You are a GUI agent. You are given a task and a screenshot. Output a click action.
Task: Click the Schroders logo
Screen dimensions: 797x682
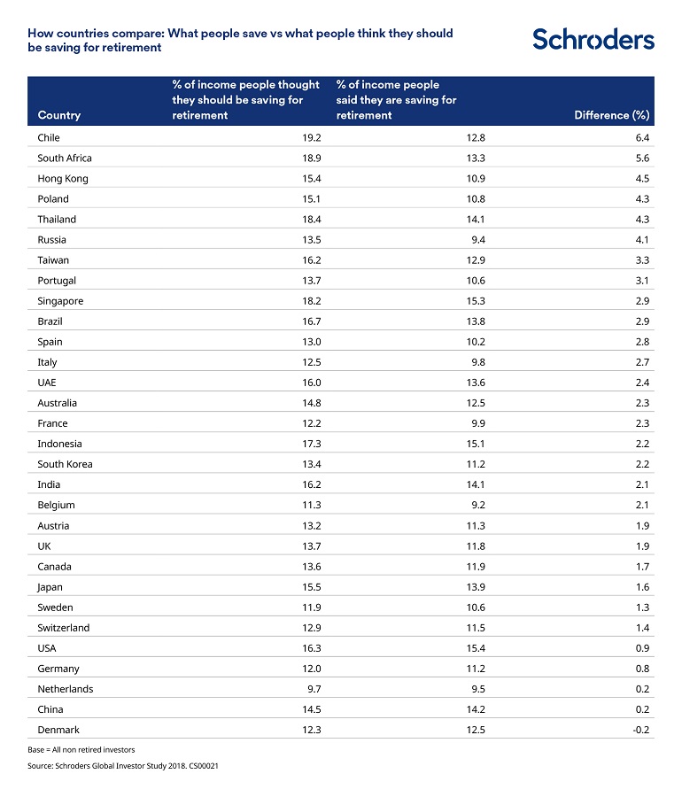(x=593, y=39)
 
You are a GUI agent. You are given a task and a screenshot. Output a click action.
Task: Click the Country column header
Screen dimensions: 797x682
(x=59, y=115)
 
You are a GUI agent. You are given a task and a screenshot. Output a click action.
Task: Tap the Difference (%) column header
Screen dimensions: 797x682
(x=612, y=115)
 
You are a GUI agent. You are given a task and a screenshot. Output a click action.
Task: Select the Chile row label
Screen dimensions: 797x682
(x=49, y=138)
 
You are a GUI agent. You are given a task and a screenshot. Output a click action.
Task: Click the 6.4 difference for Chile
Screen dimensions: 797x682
(x=642, y=138)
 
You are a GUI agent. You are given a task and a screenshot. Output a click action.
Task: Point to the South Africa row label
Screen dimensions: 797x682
(x=65, y=159)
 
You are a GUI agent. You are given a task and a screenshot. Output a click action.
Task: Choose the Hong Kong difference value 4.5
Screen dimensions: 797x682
(x=642, y=179)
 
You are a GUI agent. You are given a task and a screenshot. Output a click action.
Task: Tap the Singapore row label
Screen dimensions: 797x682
(x=60, y=301)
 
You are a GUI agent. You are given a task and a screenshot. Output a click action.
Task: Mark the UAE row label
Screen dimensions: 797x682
(x=48, y=383)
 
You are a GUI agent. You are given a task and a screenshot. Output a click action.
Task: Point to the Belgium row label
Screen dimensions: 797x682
(x=56, y=505)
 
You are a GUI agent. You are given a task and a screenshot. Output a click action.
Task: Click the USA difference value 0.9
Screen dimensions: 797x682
(x=642, y=648)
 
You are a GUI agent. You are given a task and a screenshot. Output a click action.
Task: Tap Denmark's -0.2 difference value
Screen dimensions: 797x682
(x=640, y=730)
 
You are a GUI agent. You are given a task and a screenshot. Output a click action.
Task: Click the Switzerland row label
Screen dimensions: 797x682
(x=64, y=628)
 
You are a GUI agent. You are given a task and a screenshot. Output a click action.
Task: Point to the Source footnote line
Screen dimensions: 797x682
(x=123, y=766)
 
